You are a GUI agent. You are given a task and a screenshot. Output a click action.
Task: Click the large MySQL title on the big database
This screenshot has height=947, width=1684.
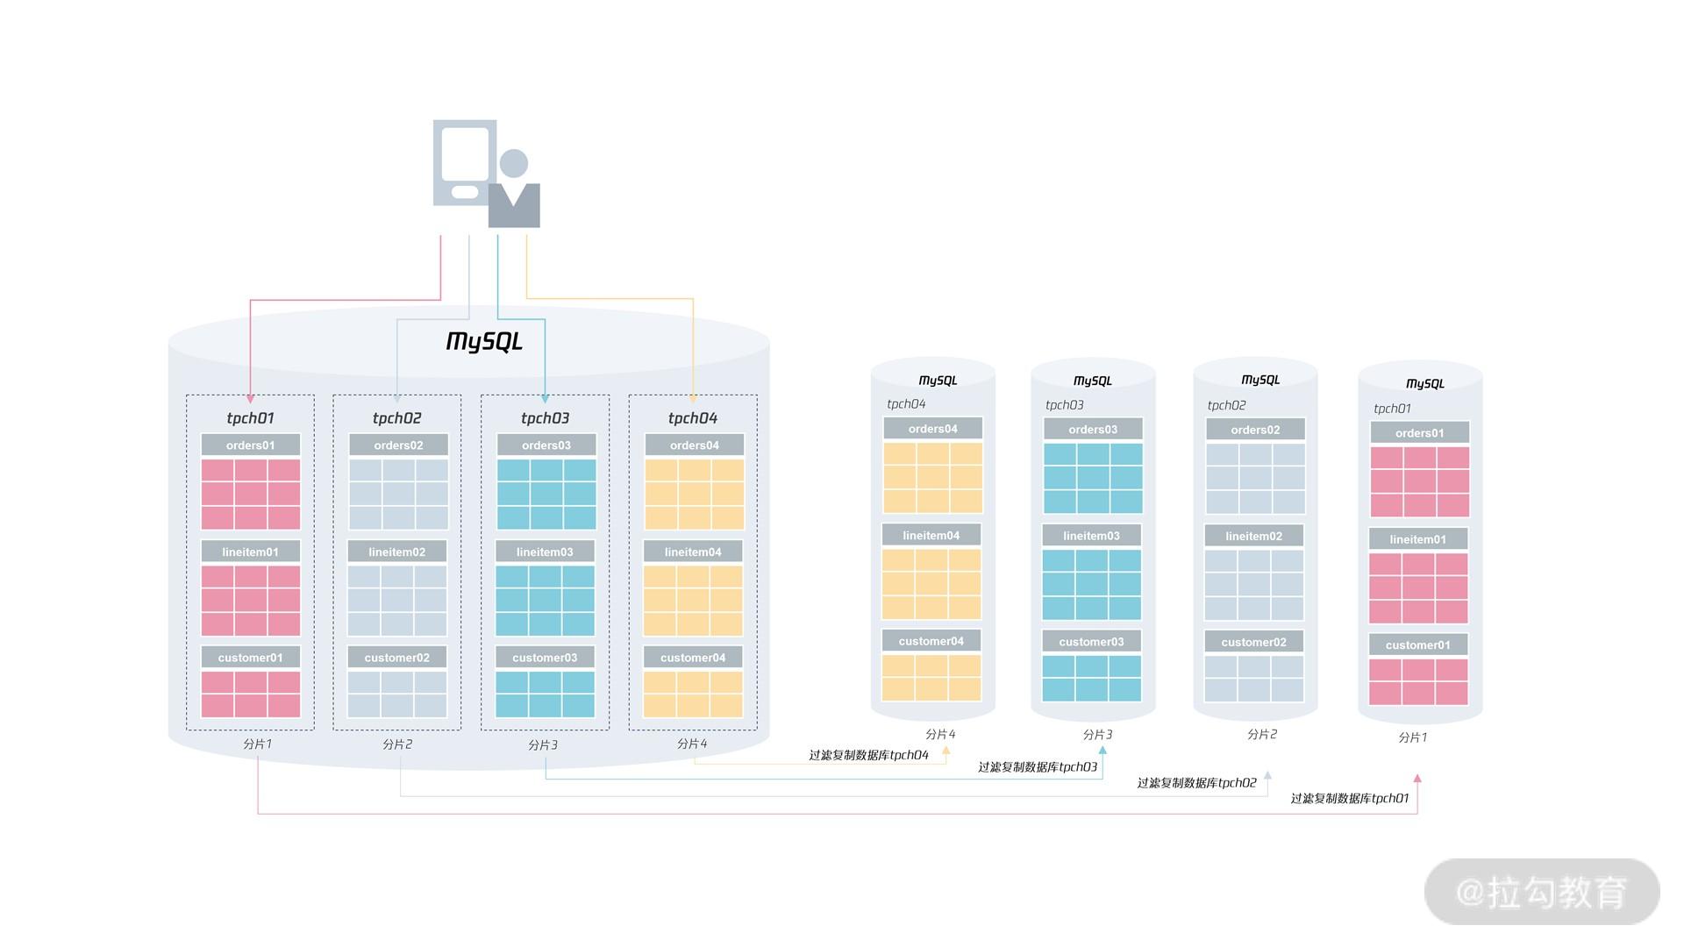(484, 341)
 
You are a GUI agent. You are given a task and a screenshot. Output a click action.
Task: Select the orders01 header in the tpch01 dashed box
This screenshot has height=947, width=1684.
(251, 445)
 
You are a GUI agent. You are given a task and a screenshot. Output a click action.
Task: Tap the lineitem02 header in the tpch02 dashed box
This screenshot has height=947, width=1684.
(397, 552)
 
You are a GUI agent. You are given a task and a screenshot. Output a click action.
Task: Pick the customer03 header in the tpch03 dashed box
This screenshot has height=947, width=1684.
(545, 658)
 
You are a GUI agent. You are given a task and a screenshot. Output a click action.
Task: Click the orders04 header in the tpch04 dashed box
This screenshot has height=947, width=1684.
(694, 445)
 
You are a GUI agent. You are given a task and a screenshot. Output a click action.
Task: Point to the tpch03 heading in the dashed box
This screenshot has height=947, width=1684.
(545, 418)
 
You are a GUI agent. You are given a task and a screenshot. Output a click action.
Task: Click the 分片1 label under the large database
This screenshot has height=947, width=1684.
(257, 744)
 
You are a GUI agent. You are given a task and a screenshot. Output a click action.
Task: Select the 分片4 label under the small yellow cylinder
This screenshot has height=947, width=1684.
(940, 734)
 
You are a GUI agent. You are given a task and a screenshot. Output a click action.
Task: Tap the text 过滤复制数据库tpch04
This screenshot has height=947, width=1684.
(868, 755)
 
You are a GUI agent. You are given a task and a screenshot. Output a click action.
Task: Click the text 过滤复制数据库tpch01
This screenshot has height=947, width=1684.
(1349, 798)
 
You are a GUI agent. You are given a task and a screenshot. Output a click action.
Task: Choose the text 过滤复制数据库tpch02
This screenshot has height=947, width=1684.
(1196, 782)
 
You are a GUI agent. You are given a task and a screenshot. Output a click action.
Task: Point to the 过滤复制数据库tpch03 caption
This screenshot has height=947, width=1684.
(1038, 767)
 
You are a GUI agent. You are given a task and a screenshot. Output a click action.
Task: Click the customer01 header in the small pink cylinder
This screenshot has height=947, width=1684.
(1417, 645)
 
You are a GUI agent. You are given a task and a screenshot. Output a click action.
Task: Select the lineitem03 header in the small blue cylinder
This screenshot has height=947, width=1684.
(1091, 536)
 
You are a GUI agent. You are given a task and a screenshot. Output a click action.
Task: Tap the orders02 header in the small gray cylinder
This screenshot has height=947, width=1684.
(1255, 430)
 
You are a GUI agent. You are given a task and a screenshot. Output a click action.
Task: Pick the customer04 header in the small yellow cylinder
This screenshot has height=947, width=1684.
(931, 641)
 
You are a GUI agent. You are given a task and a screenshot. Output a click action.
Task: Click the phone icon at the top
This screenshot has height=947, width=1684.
(465, 162)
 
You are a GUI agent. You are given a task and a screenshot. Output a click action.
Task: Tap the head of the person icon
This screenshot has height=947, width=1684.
(513, 163)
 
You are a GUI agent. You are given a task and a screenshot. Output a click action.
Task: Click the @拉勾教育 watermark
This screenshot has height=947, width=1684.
(1541, 892)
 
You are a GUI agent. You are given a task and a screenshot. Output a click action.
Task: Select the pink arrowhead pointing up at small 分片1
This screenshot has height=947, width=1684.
(1417, 779)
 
